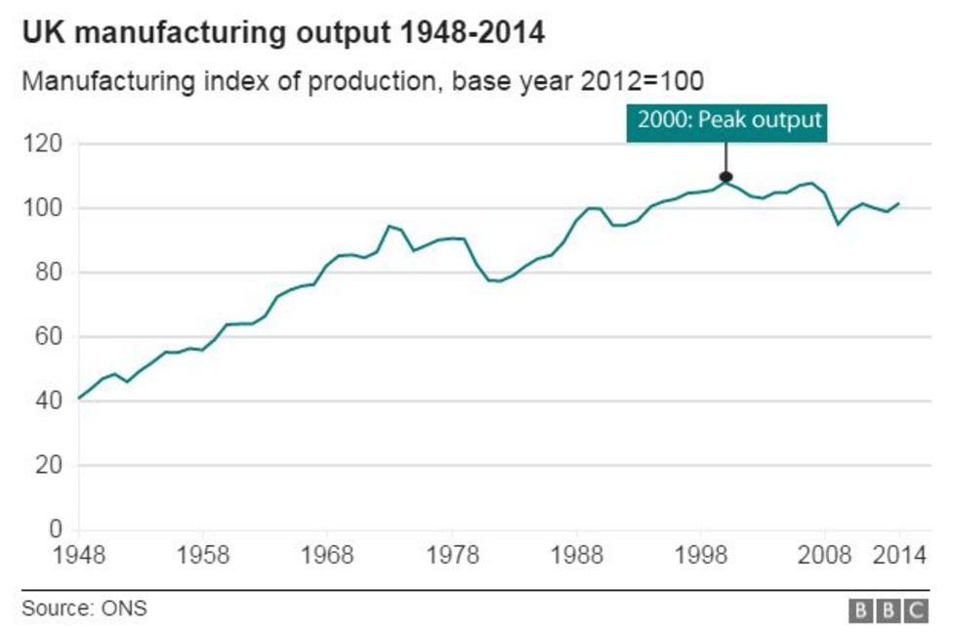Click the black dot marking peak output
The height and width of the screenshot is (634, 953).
(725, 177)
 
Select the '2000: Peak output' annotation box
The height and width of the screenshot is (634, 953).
(726, 121)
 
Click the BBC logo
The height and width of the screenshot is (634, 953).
(888, 611)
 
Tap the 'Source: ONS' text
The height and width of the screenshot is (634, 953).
(84, 609)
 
